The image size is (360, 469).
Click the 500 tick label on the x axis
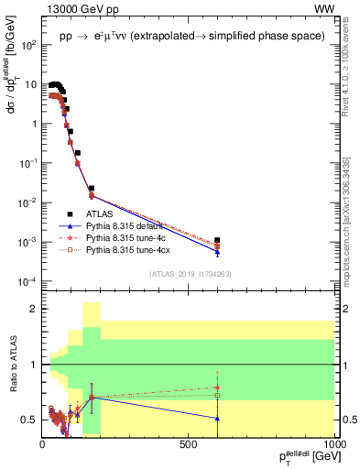(x=189, y=444)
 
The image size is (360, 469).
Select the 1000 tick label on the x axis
(x=335, y=444)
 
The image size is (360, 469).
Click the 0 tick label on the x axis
(x=42, y=444)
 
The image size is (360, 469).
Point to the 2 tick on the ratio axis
(x=34, y=310)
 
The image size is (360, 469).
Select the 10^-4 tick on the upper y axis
(x=27, y=280)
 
